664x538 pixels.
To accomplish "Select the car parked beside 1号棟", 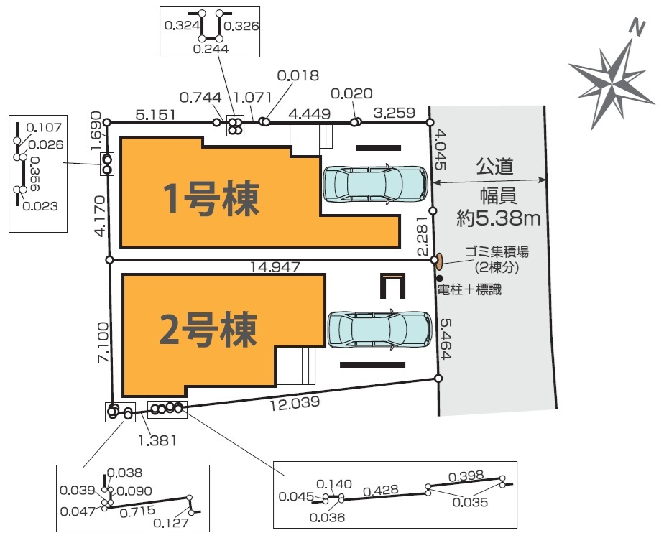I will click(374, 185).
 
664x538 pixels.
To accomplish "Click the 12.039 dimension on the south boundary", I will click(295, 404).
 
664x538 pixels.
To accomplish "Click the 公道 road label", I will click(494, 167).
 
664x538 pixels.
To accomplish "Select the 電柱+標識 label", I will click(469, 291).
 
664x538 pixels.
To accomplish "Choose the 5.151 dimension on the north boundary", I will click(156, 113).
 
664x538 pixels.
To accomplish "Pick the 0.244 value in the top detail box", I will click(211, 49).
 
